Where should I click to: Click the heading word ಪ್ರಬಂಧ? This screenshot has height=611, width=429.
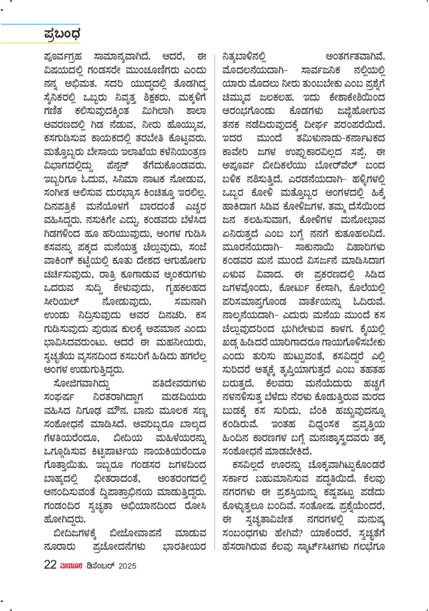click(x=62, y=34)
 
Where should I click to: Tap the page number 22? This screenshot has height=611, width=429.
click(x=50, y=565)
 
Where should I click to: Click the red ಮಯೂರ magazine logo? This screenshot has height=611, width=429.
click(x=72, y=566)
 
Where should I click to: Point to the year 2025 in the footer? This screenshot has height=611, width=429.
click(x=127, y=566)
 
